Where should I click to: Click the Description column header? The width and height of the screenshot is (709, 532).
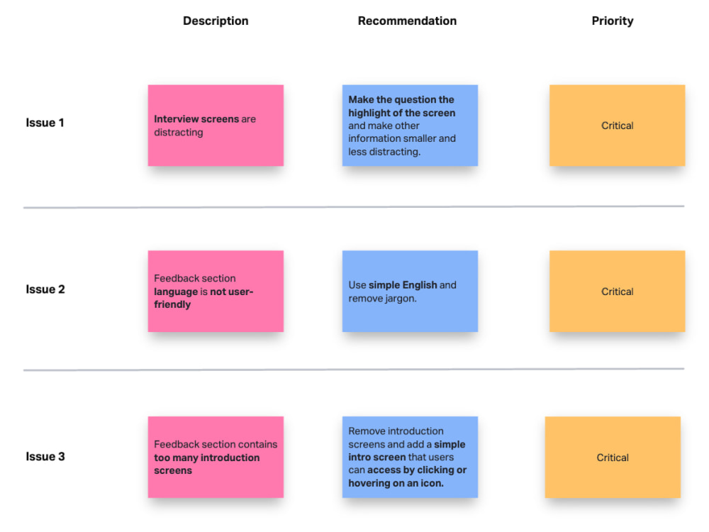click(216, 21)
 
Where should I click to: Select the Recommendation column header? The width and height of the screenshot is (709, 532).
click(407, 21)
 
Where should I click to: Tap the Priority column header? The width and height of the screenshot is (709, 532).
click(613, 21)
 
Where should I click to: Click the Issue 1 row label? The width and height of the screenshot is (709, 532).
click(45, 123)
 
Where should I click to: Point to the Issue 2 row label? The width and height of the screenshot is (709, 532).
click(45, 289)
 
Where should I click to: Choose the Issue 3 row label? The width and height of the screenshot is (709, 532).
click(45, 456)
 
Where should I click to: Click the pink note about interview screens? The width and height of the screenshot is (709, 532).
click(216, 126)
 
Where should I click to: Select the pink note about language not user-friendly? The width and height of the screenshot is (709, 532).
click(216, 292)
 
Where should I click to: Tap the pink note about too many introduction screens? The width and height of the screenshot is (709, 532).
click(216, 457)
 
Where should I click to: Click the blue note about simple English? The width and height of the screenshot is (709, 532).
click(410, 292)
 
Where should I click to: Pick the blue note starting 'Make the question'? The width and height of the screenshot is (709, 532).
click(410, 126)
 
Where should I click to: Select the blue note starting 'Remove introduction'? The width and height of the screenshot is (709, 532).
click(410, 457)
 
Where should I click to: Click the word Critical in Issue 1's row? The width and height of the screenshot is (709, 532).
click(618, 126)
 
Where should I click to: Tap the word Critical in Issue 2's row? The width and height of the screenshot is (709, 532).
click(618, 292)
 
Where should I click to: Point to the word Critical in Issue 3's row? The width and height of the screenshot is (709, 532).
click(613, 458)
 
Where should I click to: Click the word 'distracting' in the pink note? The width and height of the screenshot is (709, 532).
click(179, 133)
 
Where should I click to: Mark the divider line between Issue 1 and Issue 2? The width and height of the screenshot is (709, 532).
click(354, 206)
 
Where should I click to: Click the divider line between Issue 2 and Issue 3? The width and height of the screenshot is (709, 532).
click(354, 369)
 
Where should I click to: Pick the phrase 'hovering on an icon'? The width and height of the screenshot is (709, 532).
click(396, 483)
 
